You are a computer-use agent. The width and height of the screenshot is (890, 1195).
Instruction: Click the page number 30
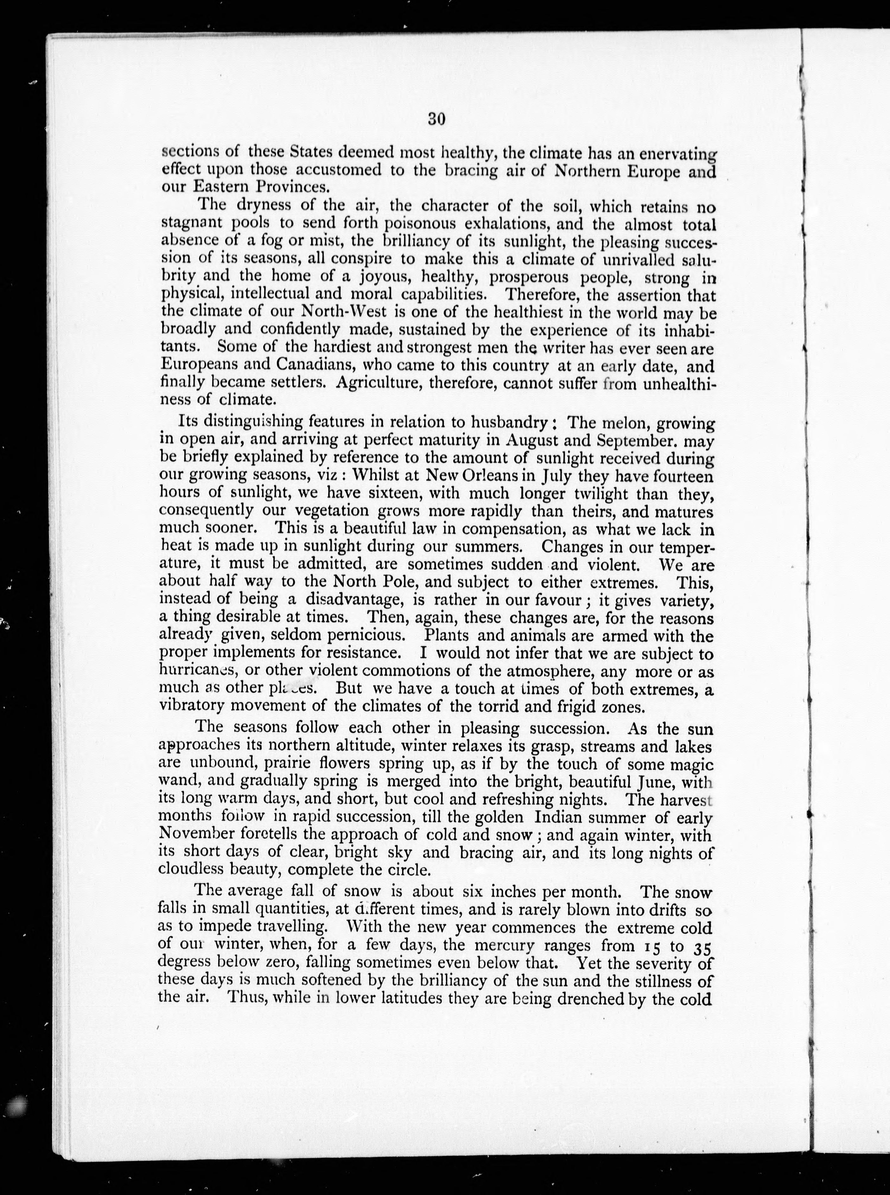[x=436, y=119]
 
